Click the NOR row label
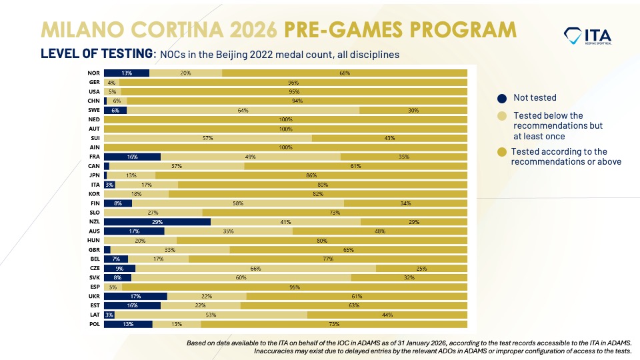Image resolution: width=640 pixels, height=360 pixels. pos(94,73)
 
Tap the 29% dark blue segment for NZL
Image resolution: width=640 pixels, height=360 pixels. pos(157,222)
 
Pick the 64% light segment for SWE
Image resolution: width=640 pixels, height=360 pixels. pos(243,110)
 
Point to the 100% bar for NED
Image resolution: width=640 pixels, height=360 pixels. pos(285,119)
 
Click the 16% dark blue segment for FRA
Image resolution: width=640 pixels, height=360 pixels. pos(132,157)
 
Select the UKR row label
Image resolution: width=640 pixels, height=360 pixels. pos(94,297)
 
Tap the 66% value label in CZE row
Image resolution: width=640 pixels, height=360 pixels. pos(255,269)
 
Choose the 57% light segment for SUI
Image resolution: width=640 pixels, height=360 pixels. pos(208,138)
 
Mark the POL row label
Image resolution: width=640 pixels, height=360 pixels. pos(94,325)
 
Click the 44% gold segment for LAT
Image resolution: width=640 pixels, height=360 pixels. pos(387,315)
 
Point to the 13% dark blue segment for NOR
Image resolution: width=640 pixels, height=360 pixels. pos(127,73)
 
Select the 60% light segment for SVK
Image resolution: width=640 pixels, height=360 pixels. pos(241,278)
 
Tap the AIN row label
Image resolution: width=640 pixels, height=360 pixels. pos(94,147)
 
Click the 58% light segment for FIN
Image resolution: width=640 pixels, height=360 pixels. pos(238,203)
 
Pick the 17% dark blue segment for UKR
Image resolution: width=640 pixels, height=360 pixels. pos(135,297)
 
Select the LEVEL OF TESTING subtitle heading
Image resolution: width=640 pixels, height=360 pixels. pos(97,54)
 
